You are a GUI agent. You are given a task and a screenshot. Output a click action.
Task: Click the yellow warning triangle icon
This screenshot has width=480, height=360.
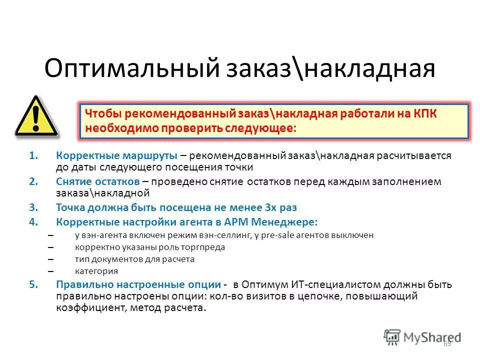(35, 118)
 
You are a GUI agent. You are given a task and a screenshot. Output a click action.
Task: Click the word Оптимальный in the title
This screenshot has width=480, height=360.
(132, 68)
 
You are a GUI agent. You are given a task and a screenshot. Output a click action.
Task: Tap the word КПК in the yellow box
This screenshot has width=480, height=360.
(424, 114)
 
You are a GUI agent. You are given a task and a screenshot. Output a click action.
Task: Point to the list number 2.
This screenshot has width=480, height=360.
(33, 181)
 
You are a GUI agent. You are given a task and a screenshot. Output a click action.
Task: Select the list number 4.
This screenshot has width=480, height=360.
(33, 220)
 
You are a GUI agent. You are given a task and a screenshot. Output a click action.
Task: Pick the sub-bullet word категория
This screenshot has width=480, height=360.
(96, 271)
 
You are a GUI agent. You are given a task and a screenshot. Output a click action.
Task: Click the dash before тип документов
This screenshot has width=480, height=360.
(50, 259)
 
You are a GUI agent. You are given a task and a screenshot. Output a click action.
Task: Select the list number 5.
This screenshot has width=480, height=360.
(33, 284)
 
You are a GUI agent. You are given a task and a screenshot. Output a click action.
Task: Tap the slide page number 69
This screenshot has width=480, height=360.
(447, 343)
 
